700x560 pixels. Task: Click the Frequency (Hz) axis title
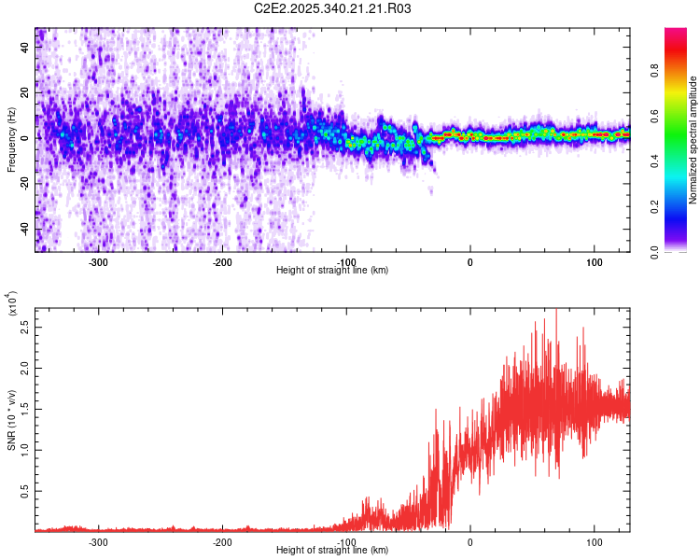pyautogui.click(x=11, y=140)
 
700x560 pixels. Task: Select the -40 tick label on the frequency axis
pyautogui.click(x=27, y=229)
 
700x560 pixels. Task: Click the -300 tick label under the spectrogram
pyautogui.click(x=98, y=260)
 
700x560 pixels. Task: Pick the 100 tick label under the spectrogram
pyautogui.click(x=594, y=260)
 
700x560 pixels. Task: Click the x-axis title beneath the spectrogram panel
pyautogui.click(x=332, y=271)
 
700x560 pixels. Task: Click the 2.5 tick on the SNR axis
pyautogui.click(x=27, y=329)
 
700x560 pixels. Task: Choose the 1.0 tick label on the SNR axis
pyautogui.click(x=27, y=448)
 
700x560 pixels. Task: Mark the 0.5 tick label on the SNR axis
pyautogui.click(x=27, y=488)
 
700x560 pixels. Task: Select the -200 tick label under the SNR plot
pyautogui.click(x=222, y=541)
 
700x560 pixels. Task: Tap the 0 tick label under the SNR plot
pyautogui.click(x=469, y=541)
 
